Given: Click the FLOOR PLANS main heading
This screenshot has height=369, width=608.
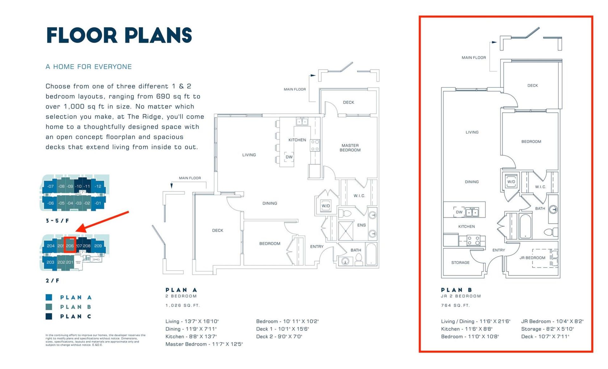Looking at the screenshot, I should coord(119,35).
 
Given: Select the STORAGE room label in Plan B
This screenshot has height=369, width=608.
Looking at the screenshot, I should coord(460,263).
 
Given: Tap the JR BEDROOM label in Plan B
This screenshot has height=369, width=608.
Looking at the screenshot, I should coord(532,258).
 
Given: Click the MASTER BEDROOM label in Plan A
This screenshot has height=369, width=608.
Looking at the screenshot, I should coord(350,148).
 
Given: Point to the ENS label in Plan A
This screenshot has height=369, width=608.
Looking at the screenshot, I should coord(361,225).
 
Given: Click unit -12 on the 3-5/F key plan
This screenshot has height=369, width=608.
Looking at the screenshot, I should coord(98,186).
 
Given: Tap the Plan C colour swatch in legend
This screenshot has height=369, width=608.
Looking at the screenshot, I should coord(49,316).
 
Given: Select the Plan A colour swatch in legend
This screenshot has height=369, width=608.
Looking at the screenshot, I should coord(49,297).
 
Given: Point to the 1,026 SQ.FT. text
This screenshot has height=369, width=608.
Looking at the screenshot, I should coord(183,305).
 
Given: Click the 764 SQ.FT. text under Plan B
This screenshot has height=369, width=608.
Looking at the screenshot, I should coord(455,305).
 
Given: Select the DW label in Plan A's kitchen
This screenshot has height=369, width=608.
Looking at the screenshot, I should coord(289,157).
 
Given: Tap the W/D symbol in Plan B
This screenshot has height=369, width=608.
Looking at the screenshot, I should coord(511,182).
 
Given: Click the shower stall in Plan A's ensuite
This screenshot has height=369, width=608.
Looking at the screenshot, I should coord(345,231).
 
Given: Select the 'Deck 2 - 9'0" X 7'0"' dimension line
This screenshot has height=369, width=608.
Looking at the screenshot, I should coord(279,336).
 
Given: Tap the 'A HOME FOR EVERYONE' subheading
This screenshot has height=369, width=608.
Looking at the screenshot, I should coord(89,67).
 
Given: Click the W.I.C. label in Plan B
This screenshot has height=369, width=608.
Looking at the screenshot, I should coord(540,187).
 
